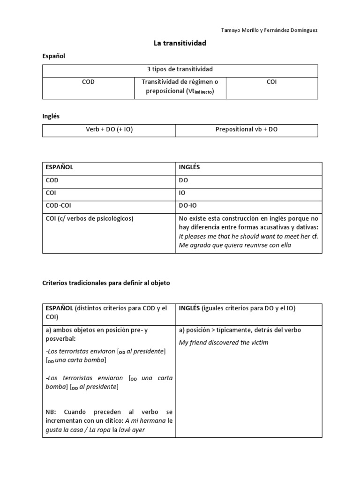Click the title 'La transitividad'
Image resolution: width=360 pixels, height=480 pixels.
tap(180, 43)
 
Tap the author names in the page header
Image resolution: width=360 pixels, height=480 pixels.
tap(270, 30)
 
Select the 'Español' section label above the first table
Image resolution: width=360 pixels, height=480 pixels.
tap(54, 56)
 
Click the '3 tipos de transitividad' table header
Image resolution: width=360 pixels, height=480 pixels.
tap(180, 69)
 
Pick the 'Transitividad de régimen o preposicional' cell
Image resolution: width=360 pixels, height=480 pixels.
tap(180, 86)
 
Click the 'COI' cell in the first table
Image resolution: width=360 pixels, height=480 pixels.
tap(271, 82)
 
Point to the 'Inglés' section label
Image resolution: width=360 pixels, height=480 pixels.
tap(51, 116)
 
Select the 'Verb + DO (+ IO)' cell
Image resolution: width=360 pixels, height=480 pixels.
tap(109, 129)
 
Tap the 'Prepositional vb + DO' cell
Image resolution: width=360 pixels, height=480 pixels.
tap(247, 129)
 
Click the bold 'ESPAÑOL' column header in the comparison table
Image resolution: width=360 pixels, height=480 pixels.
tap(59, 167)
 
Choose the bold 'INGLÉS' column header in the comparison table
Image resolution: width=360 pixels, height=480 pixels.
tap(190, 167)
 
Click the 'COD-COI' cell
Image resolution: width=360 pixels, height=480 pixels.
tap(58, 205)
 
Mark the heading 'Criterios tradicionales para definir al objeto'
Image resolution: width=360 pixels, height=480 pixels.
tap(106, 283)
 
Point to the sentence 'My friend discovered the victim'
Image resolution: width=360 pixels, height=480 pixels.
tap(224, 342)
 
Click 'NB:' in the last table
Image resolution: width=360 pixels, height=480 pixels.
tap(51, 412)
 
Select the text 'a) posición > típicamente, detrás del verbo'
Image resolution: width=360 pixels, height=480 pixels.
tap(240, 330)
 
